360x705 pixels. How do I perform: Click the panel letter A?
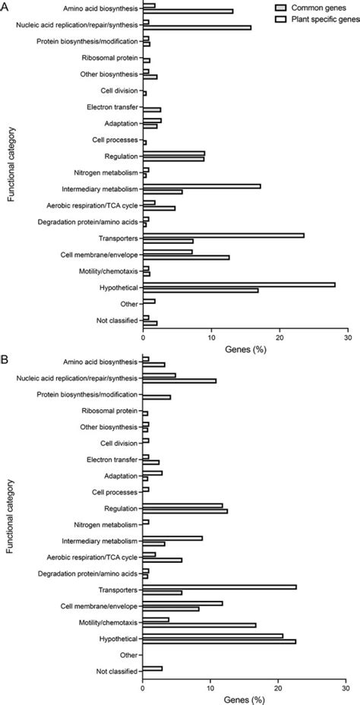pos(6,6)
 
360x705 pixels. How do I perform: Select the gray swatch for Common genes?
pos(262,5)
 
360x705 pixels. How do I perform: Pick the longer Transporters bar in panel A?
pos(223,235)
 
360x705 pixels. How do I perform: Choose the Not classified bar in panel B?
pos(153,669)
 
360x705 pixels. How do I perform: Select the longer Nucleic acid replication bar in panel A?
pos(197,27)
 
